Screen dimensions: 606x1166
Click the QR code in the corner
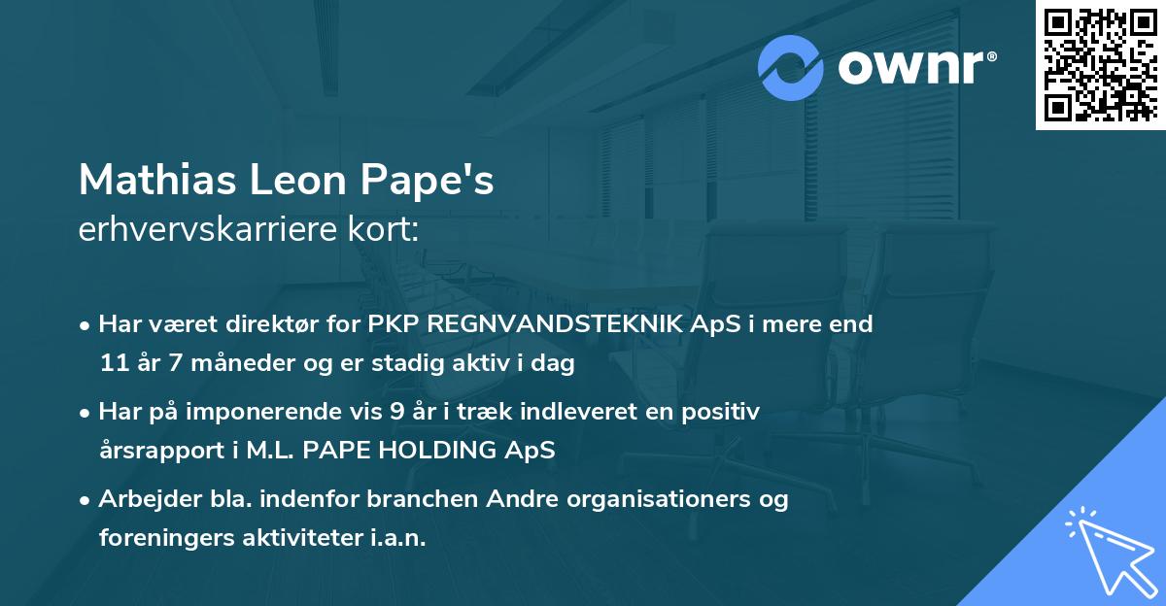tap(1100, 65)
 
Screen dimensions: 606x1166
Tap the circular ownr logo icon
tap(792, 68)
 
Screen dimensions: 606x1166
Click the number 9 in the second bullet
tap(396, 412)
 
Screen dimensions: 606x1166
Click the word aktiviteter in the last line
tap(301, 538)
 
